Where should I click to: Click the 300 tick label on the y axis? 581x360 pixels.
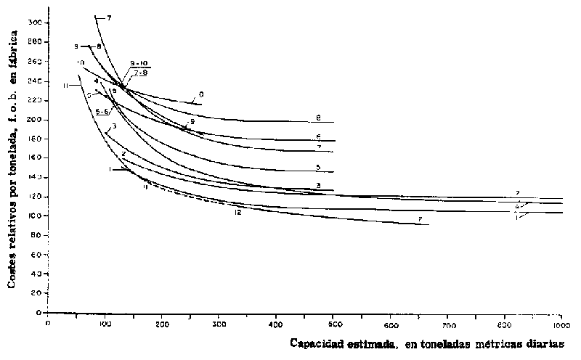click(33, 22)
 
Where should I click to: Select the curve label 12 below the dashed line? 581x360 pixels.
click(237, 212)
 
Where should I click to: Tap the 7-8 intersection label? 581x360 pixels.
click(139, 73)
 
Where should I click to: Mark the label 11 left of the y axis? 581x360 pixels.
click(65, 86)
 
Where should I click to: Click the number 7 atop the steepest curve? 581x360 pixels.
click(108, 17)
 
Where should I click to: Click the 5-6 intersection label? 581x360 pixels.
click(102, 111)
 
